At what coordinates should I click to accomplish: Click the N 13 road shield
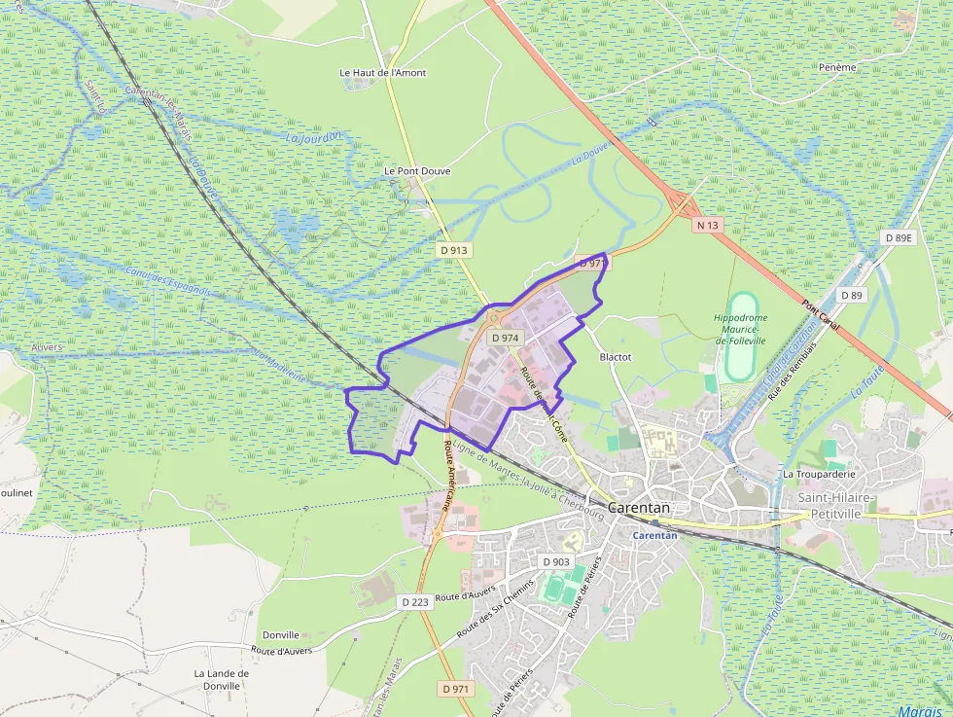(x=707, y=225)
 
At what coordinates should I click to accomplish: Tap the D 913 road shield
(x=453, y=250)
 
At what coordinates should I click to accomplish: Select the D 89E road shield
(x=900, y=237)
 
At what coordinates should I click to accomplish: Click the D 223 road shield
(x=414, y=602)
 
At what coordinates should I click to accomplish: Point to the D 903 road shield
(x=555, y=562)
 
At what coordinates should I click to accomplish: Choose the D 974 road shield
(x=506, y=338)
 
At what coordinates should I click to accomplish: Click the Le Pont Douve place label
(x=417, y=170)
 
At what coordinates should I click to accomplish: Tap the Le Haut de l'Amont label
(x=382, y=73)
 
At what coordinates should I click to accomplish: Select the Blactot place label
(x=615, y=357)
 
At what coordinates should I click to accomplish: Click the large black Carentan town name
(x=639, y=508)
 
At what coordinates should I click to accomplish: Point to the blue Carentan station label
(x=654, y=535)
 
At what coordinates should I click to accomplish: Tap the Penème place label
(x=837, y=67)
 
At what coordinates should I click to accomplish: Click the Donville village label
(x=281, y=634)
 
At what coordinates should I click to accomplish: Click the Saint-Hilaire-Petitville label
(x=836, y=504)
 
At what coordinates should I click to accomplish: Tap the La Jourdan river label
(x=313, y=137)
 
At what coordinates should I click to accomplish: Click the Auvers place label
(x=46, y=346)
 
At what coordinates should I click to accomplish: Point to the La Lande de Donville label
(x=221, y=679)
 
